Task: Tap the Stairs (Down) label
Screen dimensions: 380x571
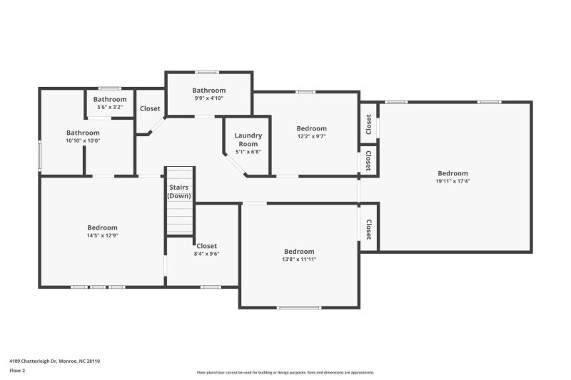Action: tap(178, 191)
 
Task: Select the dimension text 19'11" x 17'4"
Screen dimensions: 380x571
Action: tap(453, 181)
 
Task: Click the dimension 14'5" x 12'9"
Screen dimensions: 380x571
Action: tap(102, 235)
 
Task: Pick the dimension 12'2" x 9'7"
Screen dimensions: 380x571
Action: tap(311, 136)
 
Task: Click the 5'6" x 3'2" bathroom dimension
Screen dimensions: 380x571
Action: tap(110, 107)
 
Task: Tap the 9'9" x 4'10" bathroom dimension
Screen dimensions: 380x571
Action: tap(208, 98)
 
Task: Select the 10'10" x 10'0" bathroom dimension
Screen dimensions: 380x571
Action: tap(83, 140)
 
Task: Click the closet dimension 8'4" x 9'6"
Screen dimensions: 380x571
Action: tap(206, 253)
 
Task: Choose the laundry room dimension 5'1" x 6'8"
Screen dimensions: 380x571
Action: tap(248, 151)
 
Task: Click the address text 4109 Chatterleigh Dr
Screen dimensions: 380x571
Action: tap(54, 361)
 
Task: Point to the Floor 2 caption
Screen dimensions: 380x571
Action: tap(17, 371)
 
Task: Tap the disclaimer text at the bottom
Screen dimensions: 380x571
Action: tap(285, 372)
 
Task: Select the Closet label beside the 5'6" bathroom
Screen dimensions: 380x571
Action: tap(150, 109)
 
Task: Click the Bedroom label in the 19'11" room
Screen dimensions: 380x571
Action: tap(453, 173)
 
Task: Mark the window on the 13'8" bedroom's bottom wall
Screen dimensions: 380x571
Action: tap(299, 307)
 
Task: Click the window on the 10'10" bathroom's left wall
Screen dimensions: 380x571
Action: tap(39, 154)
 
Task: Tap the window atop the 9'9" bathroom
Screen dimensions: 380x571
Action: tap(208, 71)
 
